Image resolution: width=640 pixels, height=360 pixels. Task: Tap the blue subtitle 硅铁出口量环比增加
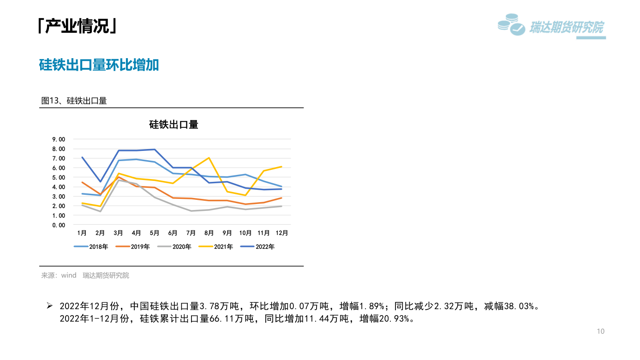(99, 65)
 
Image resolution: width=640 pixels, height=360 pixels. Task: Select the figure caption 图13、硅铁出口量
(74, 101)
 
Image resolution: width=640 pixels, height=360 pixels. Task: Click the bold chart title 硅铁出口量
(173, 125)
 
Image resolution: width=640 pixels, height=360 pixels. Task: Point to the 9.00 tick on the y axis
(59, 139)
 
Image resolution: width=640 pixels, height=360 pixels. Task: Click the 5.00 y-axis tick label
(59, 178)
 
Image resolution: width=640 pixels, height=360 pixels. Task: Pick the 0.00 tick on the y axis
(59, 225)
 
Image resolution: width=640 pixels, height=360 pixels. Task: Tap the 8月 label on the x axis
(209, 233)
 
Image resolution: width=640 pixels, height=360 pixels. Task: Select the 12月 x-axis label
(281, 233)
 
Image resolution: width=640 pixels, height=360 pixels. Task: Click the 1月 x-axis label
(82, 233)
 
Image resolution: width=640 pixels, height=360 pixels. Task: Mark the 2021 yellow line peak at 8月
(209, 158)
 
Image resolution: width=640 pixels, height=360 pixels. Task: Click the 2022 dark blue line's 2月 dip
(100, 181)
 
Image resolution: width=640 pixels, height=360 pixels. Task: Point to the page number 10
(600, 331)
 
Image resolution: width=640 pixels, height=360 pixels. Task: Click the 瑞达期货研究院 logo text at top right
(566, 28)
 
